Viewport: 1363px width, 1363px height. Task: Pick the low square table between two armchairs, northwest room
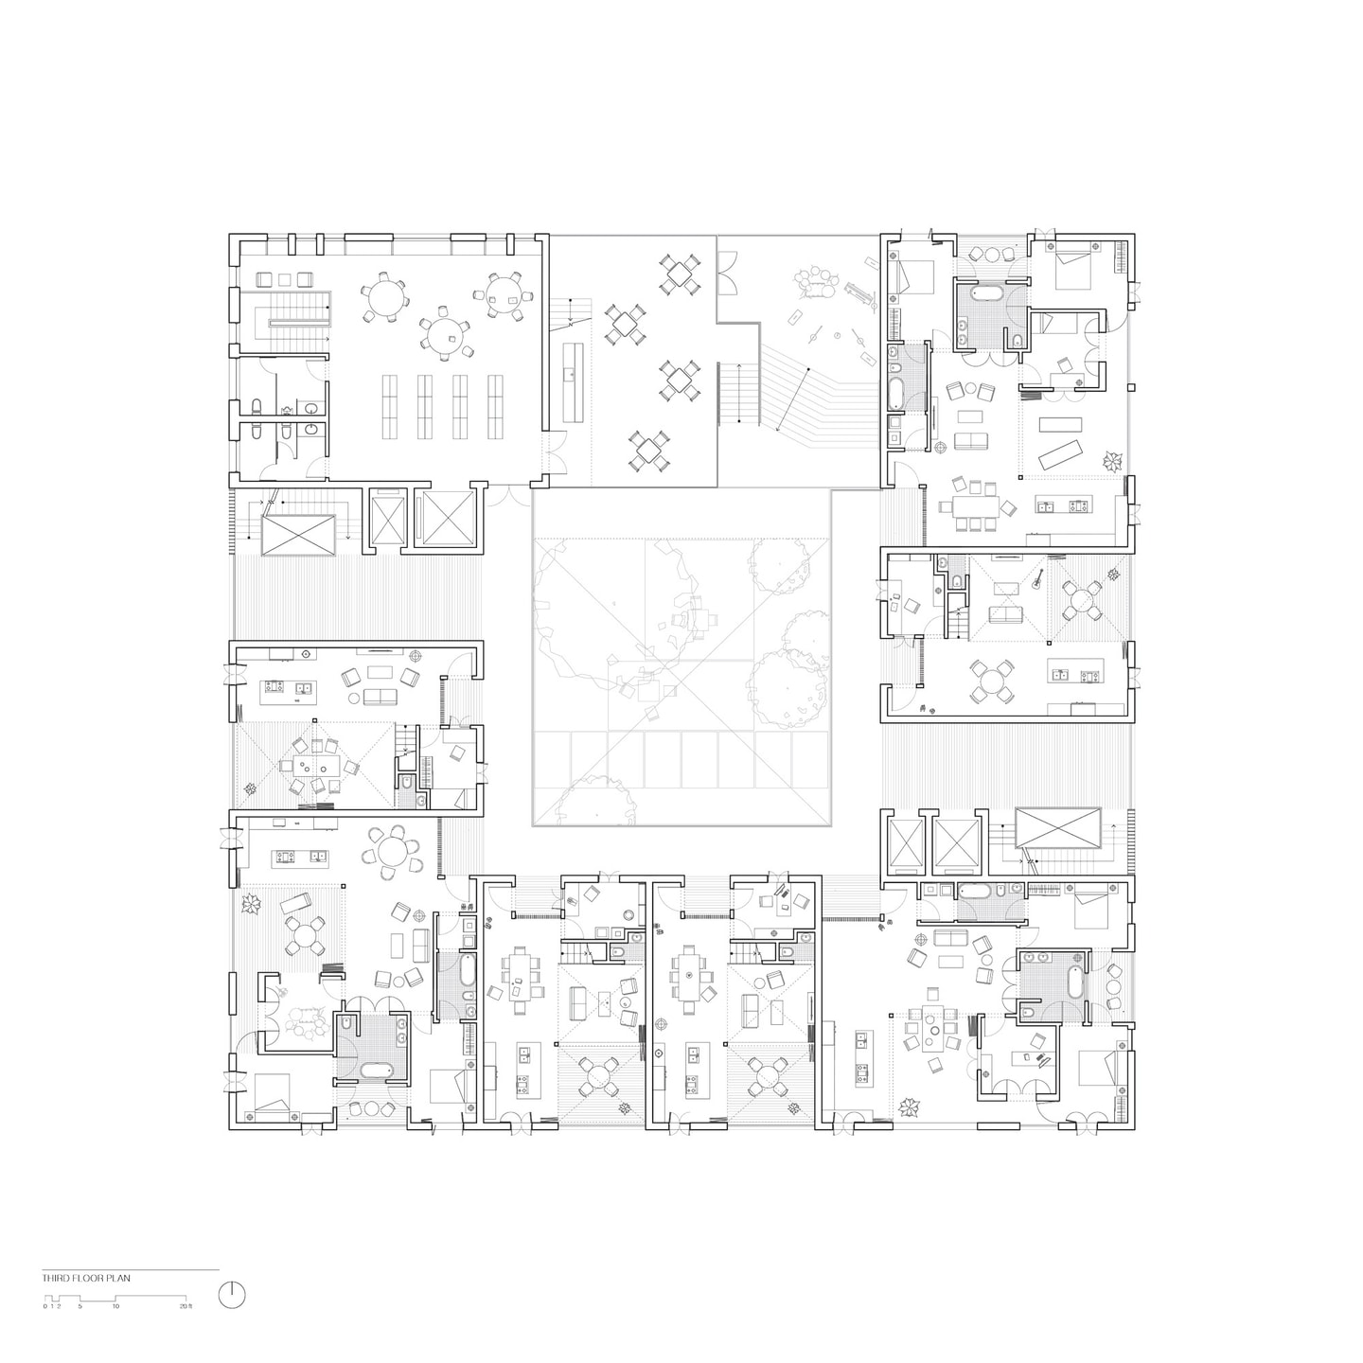point(284,279)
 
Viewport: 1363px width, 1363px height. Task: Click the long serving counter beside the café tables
point(571,381)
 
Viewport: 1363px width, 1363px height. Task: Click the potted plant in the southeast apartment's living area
point(911,1106)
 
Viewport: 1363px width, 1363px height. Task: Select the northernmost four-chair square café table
point(678,274)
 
